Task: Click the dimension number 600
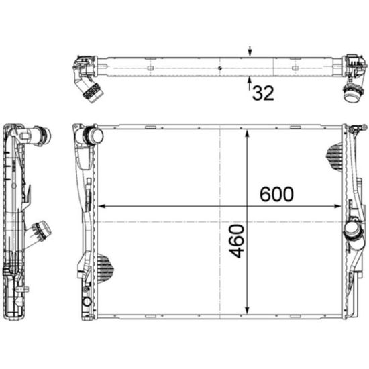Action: tap(276, 194)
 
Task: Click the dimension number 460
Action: tap(237, 241)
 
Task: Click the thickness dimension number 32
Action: tap(264, 93)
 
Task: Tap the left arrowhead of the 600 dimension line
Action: tap(101, 207)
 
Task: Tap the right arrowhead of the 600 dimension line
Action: tap(337, 207)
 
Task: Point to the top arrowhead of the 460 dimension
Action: tap(247, 134)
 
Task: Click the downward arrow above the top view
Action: tap(250, 51)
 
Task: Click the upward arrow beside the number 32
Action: tap(250, 83)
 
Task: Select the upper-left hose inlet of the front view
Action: tap(94, 136)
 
